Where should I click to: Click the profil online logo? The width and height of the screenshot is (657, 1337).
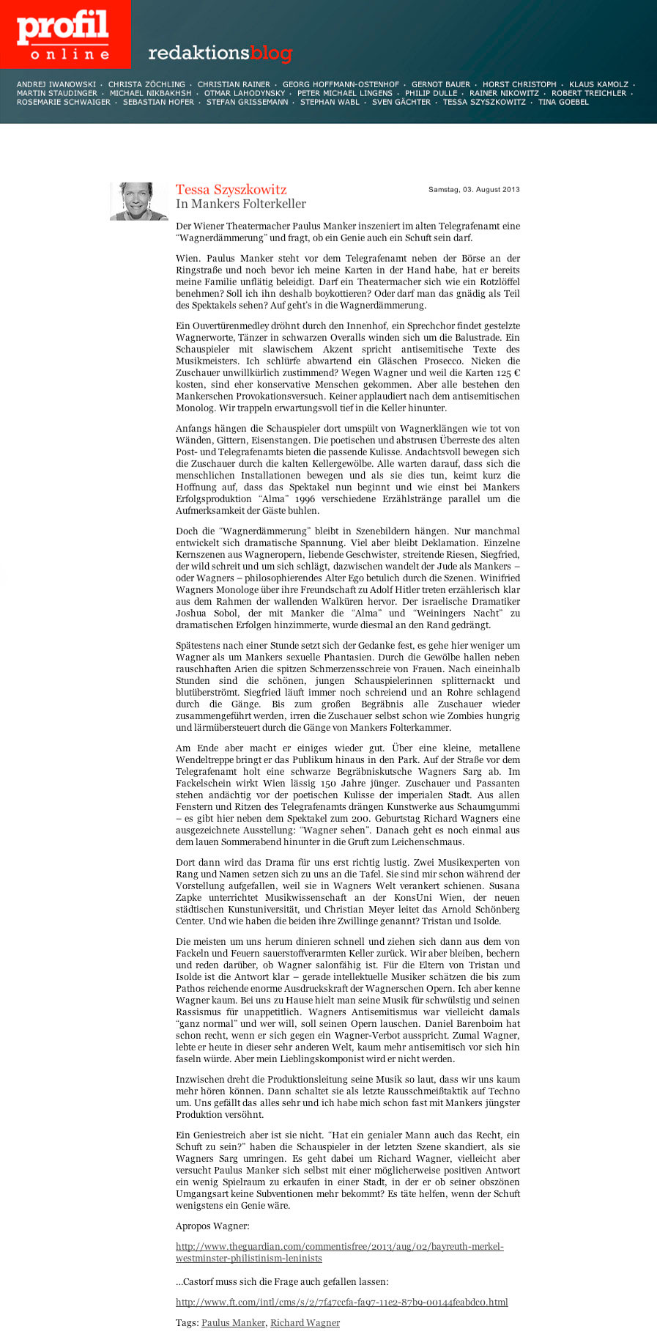[x=64, y=34]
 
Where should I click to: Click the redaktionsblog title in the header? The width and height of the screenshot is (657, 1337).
[x=220, y=53]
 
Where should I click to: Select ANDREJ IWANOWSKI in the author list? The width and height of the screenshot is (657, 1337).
[x=56, y=84]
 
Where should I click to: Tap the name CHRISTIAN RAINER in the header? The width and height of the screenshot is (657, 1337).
[x=234, y=84]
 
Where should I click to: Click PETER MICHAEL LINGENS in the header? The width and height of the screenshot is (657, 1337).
[x=345, y=93]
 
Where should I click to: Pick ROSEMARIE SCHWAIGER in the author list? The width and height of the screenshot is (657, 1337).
[x=64, y=102]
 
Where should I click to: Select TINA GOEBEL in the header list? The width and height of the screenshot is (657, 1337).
[x=563, y=102]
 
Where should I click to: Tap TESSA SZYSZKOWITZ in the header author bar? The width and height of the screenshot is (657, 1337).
[x=484, y=102]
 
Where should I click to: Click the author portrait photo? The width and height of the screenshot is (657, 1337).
[x=139, y=201]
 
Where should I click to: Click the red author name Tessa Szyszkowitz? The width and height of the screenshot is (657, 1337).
[x=231, y=190]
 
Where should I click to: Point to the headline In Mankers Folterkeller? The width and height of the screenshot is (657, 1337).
[x=241, y=204]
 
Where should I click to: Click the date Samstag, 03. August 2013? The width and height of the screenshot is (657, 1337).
[x=474, y=189]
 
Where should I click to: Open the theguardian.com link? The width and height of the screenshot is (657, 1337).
[x=339, y=1252]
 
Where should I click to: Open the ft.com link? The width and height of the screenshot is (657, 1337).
[x=341, y=1302]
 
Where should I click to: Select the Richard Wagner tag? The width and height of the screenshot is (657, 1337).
[x=305, y=1322]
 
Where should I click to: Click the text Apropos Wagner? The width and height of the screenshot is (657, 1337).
[x=212, y=1226]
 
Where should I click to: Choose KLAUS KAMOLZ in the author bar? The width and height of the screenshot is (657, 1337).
[x=598, y=84]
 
